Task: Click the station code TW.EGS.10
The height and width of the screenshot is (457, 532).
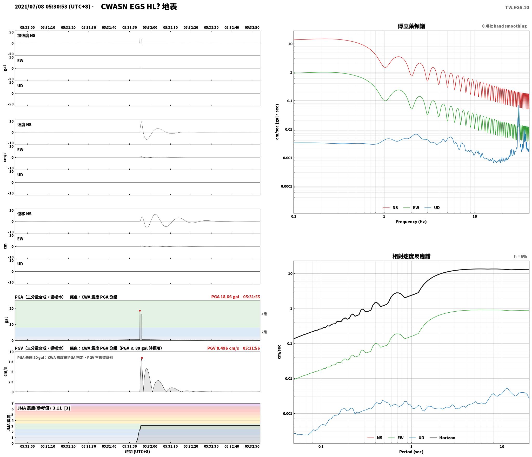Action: [x=517, y=8]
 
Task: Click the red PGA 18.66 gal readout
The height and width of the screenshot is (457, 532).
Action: [x=225, y=297]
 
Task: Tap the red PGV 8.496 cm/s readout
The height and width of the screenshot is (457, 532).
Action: [x=223, y=348]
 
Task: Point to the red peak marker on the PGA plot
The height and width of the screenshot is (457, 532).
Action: [x=140, y=311]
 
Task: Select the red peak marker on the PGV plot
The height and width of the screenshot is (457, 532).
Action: [x=142, y=358]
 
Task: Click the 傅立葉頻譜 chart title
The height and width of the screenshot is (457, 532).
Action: [x=411, y=26]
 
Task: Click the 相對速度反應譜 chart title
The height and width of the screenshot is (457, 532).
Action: [x=411, y=256]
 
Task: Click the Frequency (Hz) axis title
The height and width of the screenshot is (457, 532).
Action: [x=411, y=222]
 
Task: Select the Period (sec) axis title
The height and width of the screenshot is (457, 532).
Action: [x=411, y=452]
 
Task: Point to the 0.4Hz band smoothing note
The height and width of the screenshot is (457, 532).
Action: [x=504, y=26]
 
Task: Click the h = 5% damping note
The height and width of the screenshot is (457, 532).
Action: [x=520, y=257]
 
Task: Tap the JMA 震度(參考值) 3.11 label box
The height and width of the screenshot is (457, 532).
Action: [x=44, y=408]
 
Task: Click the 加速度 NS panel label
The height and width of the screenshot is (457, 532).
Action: [x=26, y=36]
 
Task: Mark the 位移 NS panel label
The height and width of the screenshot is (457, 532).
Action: [x=24, y=214]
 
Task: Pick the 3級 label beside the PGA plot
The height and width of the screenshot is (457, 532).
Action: [x=264, y=314]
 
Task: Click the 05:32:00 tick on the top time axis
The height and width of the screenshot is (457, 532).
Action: [x=150, y=28]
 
